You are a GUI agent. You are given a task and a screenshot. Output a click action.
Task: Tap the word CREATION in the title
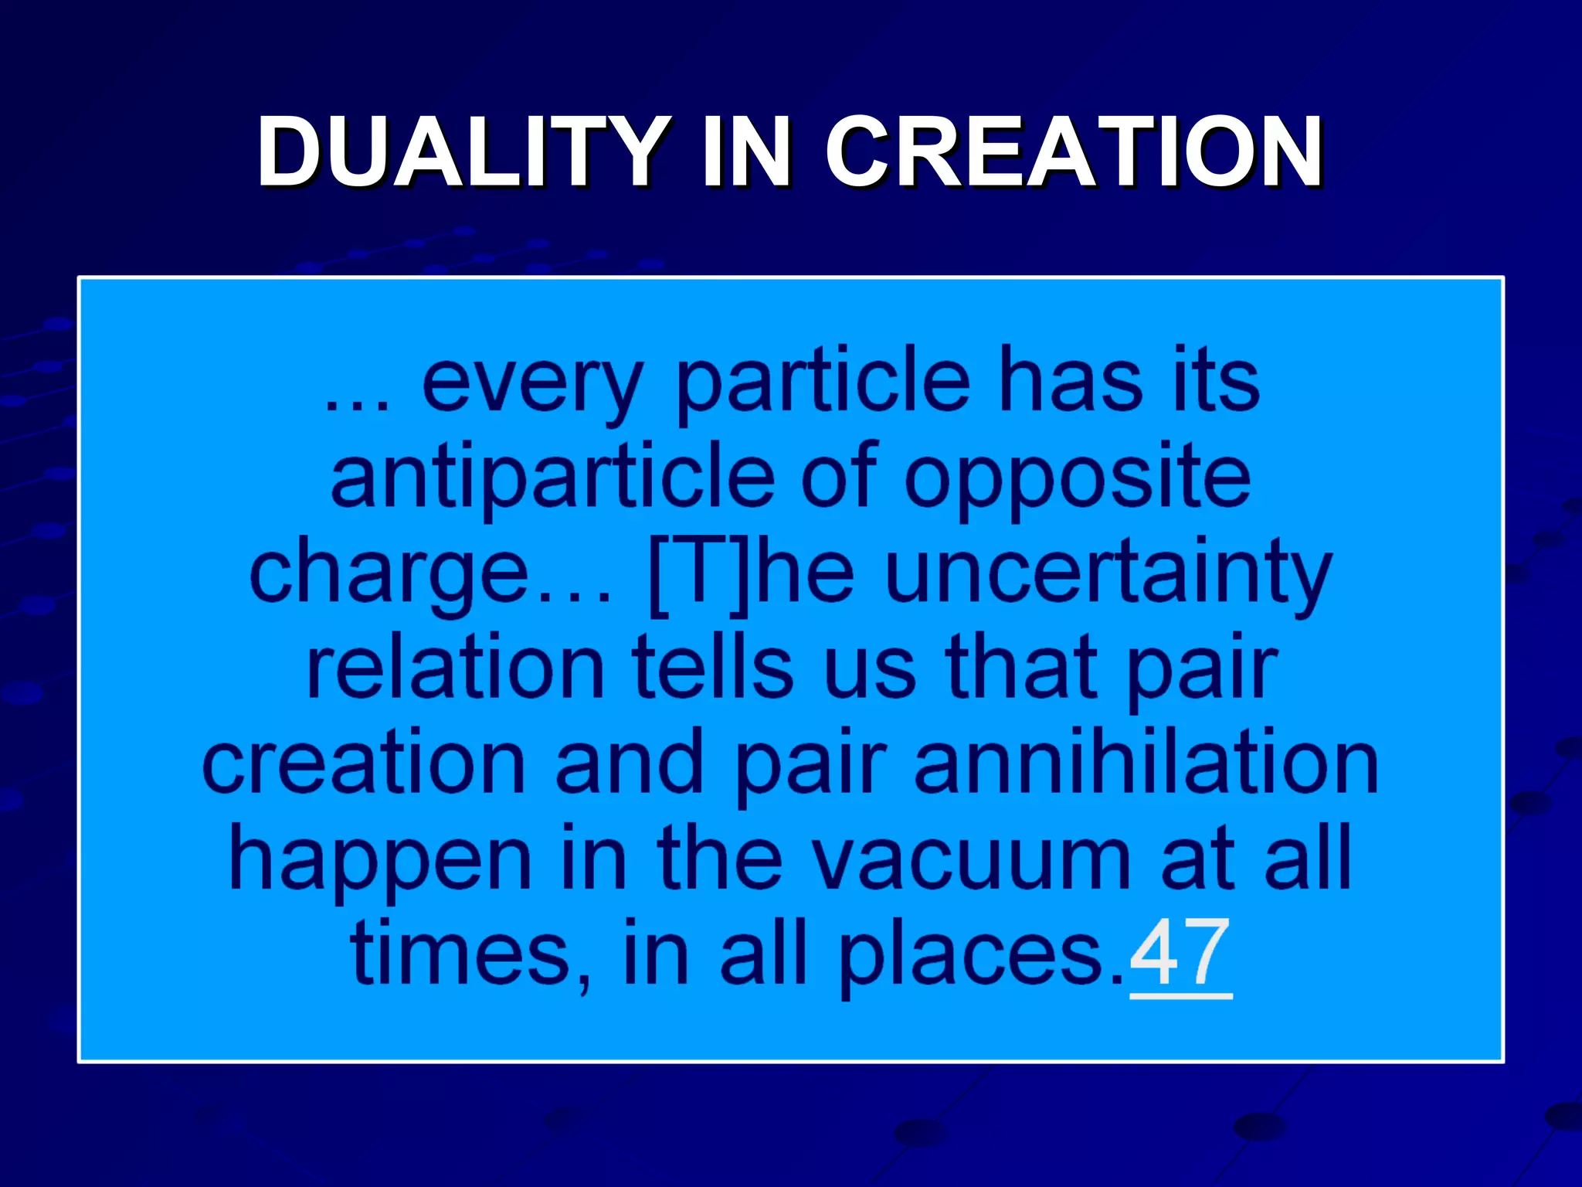click(x=1074, y=151)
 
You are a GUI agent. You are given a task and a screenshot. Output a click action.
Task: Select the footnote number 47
click(x=1180, y=954)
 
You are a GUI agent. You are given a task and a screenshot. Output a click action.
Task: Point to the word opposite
click(x=1077, y=479)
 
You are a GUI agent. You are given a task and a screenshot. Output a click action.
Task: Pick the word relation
click(x=456, y=668)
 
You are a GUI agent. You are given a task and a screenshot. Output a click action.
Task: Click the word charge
click(x=389, y=576)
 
